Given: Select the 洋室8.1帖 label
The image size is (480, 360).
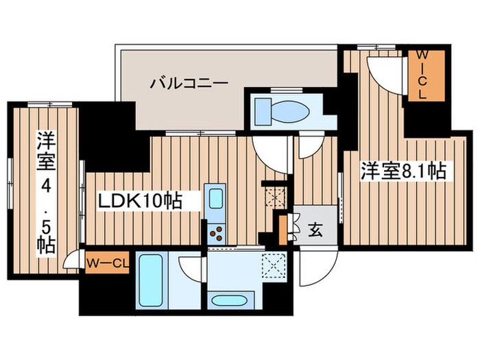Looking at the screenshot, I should [403, 171].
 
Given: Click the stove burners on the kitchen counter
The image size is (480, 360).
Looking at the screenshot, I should [215, 232].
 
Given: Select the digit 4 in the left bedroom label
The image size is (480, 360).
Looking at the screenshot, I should [45, 185].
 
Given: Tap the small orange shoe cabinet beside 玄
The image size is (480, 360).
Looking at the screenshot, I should [283, 228].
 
